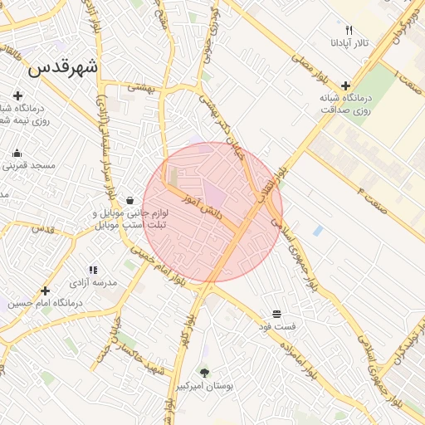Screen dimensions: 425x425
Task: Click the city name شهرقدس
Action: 62,69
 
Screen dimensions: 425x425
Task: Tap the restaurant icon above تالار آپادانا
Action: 349,29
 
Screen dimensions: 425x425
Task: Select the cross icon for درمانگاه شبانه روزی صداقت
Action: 345,85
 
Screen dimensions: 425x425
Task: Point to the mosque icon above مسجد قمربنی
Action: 17,153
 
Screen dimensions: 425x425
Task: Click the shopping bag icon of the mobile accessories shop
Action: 130,200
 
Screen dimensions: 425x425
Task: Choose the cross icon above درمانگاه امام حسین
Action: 45,291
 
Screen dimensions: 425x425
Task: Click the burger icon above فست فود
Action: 276,315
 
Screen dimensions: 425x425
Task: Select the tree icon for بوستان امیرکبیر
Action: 204,373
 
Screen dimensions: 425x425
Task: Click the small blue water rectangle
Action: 318,230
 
